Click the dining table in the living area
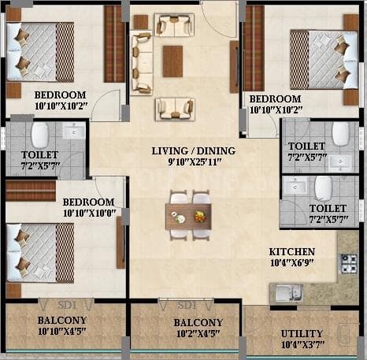[188, 215]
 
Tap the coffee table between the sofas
[172, 61]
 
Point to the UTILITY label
[302, 333]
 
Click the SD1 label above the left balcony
[66, 304]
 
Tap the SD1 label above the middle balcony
[187, 305]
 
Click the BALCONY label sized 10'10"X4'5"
[62, 321]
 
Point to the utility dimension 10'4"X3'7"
[302, 345]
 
